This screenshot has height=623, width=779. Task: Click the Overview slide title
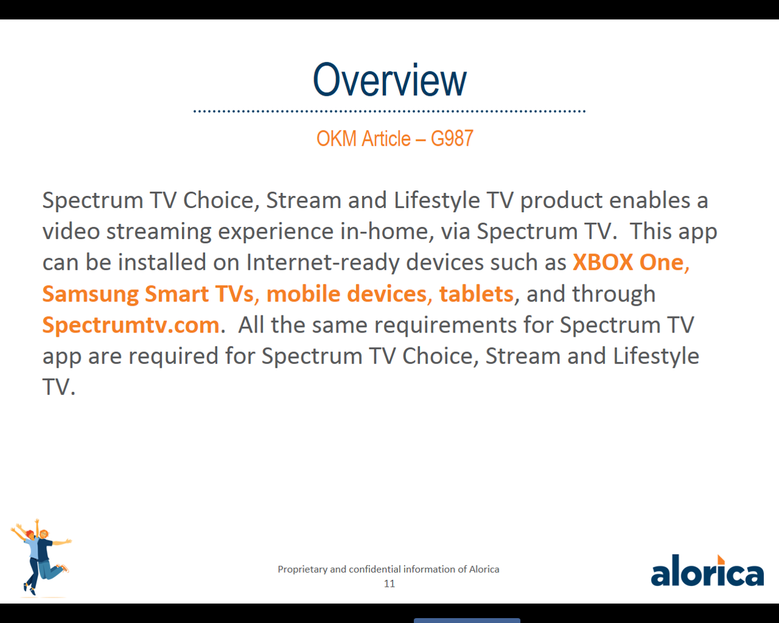(389, 79)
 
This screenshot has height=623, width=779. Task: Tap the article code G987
(452, 138)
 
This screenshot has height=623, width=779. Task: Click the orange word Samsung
(90, 294)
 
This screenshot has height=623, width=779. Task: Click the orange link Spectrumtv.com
(131, 325)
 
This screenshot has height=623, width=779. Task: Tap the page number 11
(389, 584)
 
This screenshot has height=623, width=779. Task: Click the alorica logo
(707, 570)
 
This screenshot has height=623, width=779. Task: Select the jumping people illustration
(41, 558)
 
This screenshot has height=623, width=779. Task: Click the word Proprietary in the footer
(302, 570)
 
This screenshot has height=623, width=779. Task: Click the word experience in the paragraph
(275, 232)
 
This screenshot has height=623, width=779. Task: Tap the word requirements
(445, 325)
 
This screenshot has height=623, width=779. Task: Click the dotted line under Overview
(389, 111)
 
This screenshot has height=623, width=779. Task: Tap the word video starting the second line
(71, 231)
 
